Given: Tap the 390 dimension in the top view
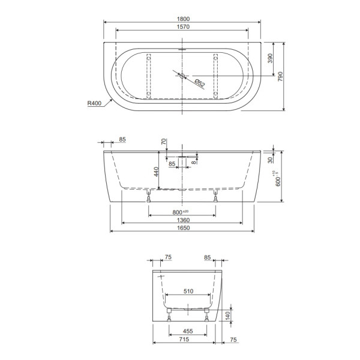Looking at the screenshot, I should tap(270, 59).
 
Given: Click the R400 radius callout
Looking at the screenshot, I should tap(94, 103).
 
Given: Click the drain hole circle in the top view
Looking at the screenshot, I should tap(183, 76).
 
